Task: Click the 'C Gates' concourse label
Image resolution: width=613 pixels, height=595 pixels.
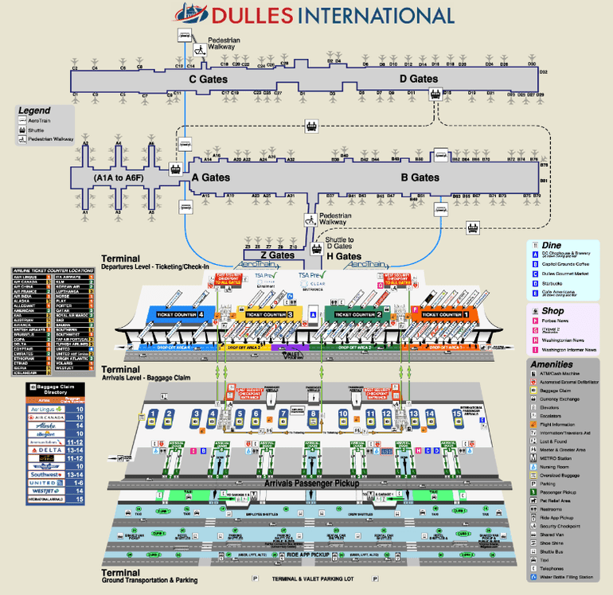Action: click(x=208, y=80)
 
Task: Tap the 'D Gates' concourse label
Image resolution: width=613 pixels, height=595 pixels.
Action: click(x=419, y=79)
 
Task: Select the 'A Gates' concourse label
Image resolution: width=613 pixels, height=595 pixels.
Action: click(x=210, y=178)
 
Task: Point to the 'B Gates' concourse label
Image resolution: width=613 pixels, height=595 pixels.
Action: click(x=420, y=177)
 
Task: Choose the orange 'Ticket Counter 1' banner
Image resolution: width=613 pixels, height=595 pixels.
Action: click(x=444, y=314)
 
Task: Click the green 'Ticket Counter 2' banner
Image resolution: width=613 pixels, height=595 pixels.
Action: click(x=357, y=314)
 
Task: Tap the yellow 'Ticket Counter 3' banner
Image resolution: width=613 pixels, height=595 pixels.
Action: click(x=269, y=314)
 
